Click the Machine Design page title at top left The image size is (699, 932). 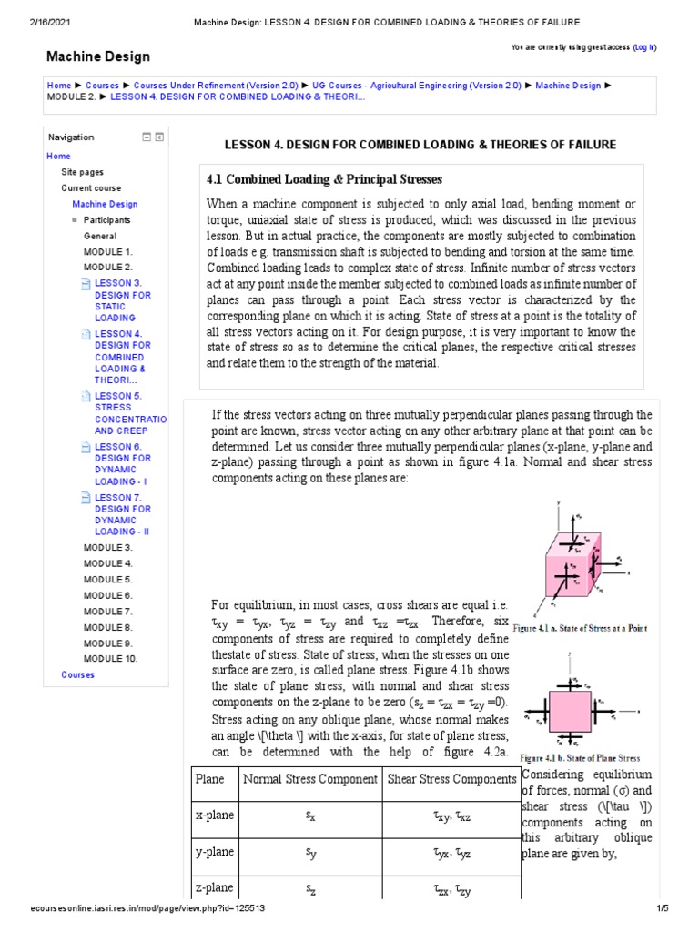click(x=98, y=56)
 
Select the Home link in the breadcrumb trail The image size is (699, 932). click(x=58, y=86)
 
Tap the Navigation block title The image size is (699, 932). click(x=71, y=137)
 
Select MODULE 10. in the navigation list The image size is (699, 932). click(x=110, y=658)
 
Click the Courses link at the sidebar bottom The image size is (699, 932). click(x=77, y=674)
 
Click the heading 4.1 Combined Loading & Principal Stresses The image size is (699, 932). click(x=325, y=179)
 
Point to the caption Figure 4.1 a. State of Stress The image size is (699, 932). click(x=581, y=629)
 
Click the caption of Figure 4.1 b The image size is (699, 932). click(x=580, y=758)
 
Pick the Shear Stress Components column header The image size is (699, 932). click(x=451, y=780)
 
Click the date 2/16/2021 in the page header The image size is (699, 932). click(x=30, y=21)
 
